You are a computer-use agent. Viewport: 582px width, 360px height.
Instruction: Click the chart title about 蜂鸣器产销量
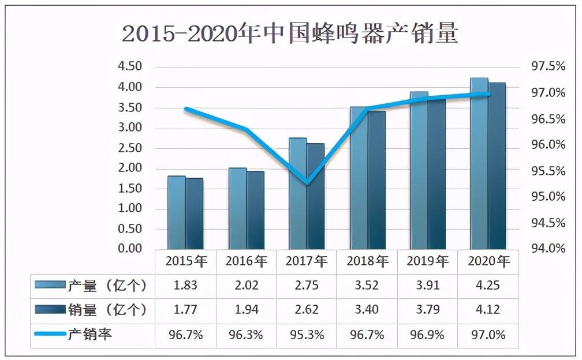coord(290,33)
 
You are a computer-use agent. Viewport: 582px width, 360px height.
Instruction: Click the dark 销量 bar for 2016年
coord(255,210)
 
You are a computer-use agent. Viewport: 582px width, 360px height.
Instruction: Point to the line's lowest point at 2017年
coord(307,183)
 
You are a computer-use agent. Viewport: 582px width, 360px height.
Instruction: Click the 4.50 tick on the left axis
coord(130,66)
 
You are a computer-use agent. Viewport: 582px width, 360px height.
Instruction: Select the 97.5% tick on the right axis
coord(548,67)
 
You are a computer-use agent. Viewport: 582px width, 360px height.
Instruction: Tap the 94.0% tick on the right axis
coord(548,249)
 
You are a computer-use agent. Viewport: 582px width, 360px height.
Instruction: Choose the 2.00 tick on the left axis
coord(130,168)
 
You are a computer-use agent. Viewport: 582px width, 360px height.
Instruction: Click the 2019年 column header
coord(427,261)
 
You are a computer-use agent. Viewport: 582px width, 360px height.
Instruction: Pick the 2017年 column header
coord(306,261)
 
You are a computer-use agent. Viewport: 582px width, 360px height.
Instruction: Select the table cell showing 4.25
coord(487,286)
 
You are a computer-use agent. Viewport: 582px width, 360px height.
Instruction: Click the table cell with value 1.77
coord(185,310)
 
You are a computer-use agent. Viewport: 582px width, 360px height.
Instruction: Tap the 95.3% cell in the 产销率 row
coord(306,335)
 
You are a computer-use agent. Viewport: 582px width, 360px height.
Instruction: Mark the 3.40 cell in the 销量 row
coord(367,310)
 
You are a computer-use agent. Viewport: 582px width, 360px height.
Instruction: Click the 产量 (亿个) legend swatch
coord(50,285)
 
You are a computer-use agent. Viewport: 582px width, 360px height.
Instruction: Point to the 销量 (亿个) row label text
coord(107,310)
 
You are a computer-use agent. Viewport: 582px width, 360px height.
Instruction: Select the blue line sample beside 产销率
coord(50,334)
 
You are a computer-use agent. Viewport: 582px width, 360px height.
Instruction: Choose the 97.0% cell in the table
coord(487,335)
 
